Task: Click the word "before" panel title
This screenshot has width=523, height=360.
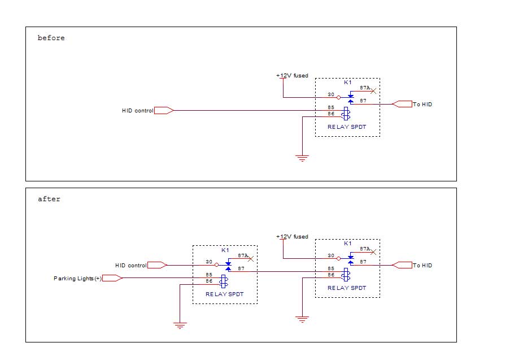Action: click(51, 38)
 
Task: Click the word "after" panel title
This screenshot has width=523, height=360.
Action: click(49, 199)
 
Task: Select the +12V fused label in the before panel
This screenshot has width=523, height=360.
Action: click(292, 76)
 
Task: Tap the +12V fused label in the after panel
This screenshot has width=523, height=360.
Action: click(292, 237)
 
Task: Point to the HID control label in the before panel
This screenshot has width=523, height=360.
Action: click(137, 111)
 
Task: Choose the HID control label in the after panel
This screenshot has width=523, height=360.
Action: click(130, 265)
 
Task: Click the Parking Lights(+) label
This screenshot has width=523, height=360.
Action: click(77, 278)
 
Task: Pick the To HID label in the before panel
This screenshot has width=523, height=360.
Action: click(422, 105)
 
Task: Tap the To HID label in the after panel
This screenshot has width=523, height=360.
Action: click(422, 265)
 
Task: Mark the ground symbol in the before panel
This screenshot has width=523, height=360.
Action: click(303, 159)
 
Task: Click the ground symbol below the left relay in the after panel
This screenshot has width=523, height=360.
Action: click(180, 325)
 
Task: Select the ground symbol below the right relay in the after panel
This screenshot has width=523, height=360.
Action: click(303, 319)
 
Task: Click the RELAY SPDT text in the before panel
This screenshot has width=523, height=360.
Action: click(347, 127)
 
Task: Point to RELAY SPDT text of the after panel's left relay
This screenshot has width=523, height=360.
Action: click(224, 294)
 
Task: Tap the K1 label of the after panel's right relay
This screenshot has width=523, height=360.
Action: click(348, 243)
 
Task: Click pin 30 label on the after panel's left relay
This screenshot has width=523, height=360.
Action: click(208, 262)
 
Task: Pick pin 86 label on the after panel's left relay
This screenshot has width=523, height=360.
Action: click(208, 281)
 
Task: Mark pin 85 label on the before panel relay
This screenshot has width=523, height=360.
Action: click(331, 107)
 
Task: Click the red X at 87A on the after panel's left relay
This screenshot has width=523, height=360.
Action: click(251, 259)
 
